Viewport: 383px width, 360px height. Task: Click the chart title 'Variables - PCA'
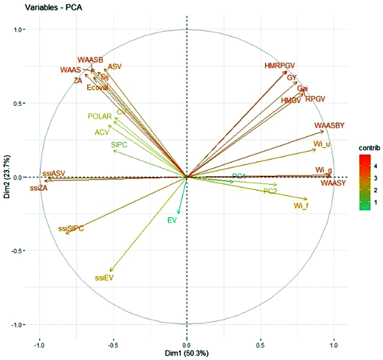(x=53, y=7)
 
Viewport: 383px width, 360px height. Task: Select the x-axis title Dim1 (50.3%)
(x=187, y=353)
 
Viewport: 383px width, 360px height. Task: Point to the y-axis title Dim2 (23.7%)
(x=7, y=177)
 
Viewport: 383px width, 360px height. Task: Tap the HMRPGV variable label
(x=279, y=66)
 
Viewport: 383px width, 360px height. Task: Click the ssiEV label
(x=104, y=278)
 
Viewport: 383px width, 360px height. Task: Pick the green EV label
(x=172, y=220)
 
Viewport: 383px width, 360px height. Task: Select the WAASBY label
(x=329, y=125)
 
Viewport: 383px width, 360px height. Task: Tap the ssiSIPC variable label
(x=71, y=229)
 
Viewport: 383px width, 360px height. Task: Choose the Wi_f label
(x=301, y=206)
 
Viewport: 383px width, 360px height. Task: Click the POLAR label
(x=100, y=116)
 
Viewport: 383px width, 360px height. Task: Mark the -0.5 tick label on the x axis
(x=113, y=345)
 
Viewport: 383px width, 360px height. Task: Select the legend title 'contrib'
(x=369, y=148)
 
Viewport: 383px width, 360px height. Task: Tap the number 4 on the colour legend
(x=375, y=166)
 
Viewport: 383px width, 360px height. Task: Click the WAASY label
(x=333, y=183)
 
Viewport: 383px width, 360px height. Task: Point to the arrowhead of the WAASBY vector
(x=324, y=131)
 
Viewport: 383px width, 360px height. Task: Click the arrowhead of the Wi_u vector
(x=316, y=149)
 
